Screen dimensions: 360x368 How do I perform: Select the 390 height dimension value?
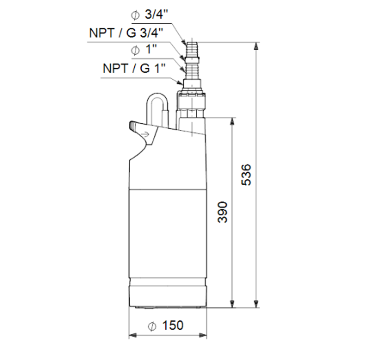(223, 212)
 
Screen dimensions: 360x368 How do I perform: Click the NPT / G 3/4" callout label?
(125, 33)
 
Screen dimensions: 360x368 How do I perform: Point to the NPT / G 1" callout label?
(134, 68)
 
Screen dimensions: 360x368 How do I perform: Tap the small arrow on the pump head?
(146, 134)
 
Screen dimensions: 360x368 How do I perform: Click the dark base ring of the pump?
(167, 295)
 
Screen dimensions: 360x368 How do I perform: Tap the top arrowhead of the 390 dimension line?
(232, 122)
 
